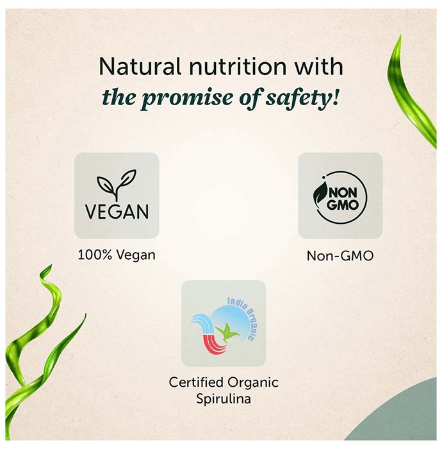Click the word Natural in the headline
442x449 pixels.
coord(140,67)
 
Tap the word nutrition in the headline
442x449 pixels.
coord(238,67)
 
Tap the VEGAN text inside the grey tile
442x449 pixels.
coord(117,212)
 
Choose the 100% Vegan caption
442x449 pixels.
coord(117,255)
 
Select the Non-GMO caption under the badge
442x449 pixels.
coord(340,256)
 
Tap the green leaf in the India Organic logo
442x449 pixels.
coord(227,332)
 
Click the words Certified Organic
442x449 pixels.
coord(224,382)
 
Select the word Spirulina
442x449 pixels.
coord(224,398)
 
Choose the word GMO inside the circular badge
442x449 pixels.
coord(342,205)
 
